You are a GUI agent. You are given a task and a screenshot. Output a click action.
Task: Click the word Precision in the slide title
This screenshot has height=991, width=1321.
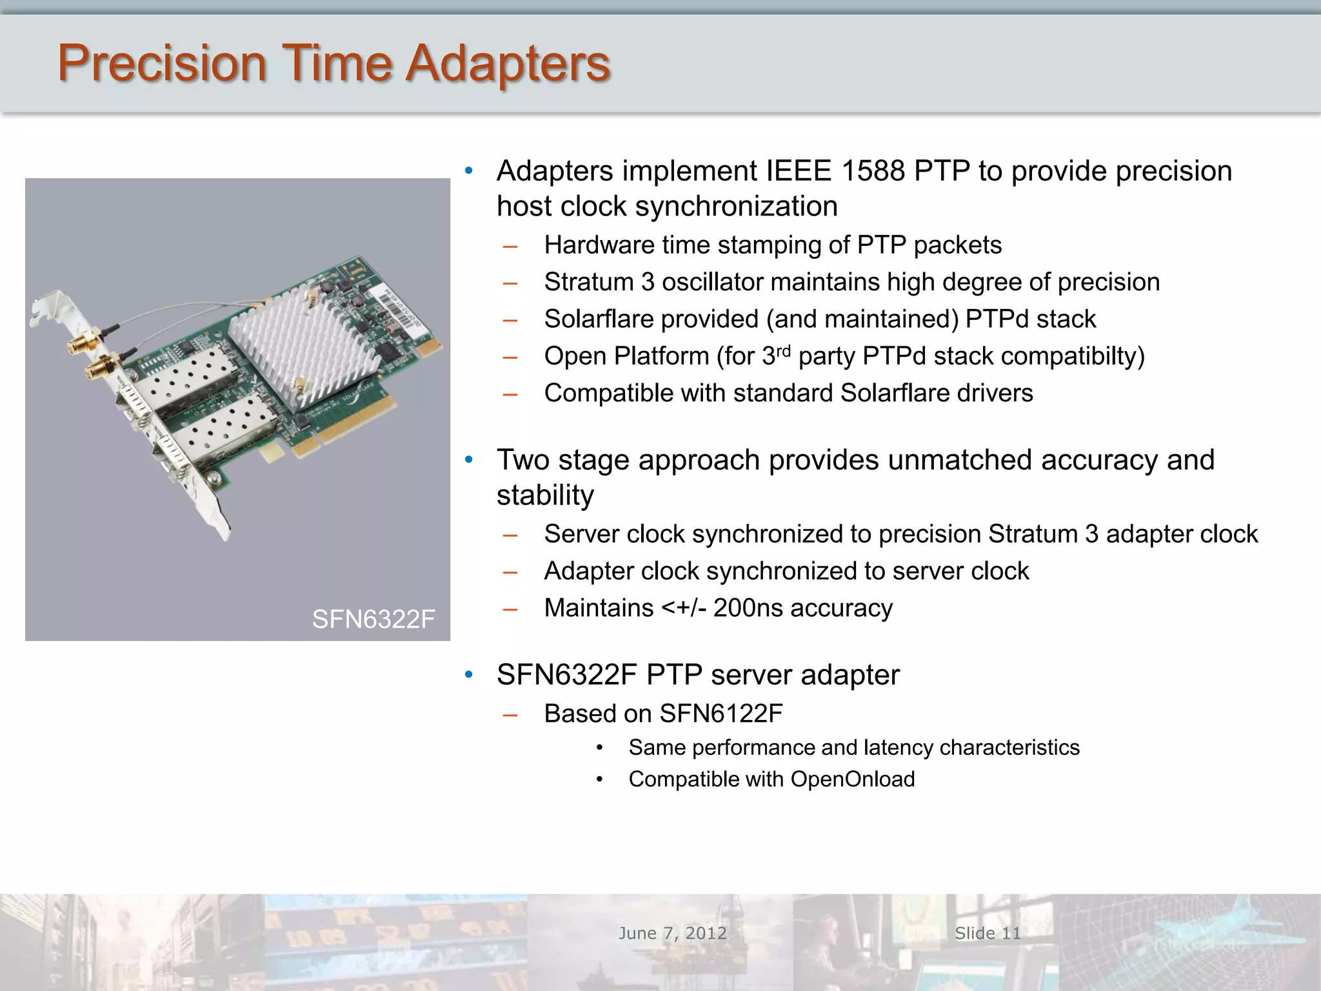click(x=161, y=63)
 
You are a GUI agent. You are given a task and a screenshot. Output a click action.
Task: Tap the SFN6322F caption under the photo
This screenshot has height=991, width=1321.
click(x=373, y=619)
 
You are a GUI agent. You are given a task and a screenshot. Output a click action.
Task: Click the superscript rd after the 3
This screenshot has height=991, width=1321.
click(x=783, y=351)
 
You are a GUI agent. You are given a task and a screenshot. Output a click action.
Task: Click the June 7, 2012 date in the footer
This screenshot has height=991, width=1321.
click(x=672, y=933)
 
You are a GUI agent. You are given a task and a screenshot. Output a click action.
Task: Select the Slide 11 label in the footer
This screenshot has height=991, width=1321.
click(x=988, y=933)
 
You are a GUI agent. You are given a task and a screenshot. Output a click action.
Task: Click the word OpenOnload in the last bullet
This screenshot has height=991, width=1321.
click(x=852, y=779)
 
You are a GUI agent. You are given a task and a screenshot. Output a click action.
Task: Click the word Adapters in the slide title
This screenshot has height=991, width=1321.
click(x=508, y=63)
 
